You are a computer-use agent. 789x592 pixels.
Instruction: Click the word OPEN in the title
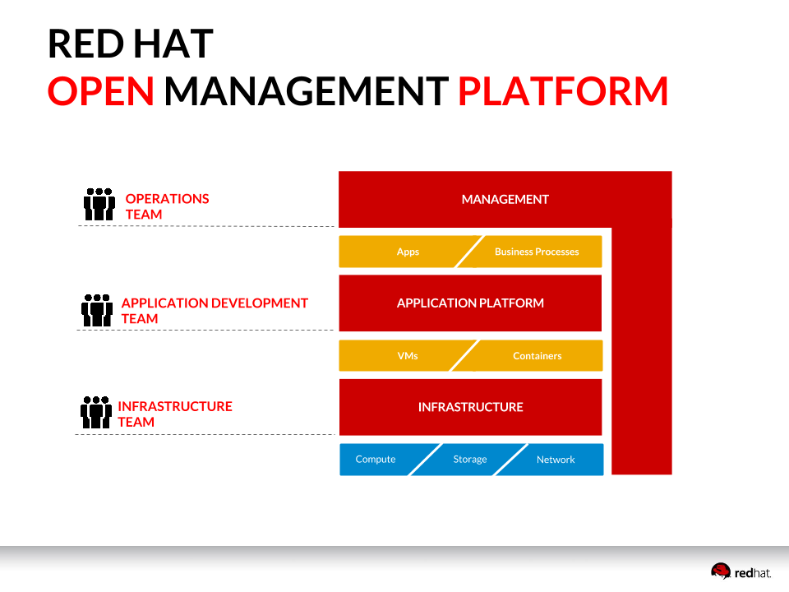[x=101, y=91]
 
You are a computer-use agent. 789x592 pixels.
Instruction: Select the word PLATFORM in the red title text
[x=562, y=91]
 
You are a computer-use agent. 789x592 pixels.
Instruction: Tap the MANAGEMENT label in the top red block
[x=505, y=199]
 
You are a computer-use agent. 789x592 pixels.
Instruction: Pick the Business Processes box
[x=537, y=252]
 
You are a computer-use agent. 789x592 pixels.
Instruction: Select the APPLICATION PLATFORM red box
[x=470, y=303]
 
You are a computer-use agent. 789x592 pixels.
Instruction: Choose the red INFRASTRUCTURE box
[x=470, y=407]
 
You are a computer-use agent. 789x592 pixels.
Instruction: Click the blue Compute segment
[x=375, y=460]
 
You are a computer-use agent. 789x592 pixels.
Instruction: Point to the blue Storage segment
[x=470, y=460]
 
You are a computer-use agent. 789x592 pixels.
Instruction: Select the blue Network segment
[x=556, y=460]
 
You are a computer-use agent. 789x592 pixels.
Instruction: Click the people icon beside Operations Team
[x=99, y=205]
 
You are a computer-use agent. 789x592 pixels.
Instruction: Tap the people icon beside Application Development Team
[x=97, y=310]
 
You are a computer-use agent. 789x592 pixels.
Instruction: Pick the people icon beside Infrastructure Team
[x=96, y=413]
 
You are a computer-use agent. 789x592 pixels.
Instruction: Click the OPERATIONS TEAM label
[x=167, y=206]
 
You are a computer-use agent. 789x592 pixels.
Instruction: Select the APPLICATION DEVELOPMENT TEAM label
[x=215, y=311]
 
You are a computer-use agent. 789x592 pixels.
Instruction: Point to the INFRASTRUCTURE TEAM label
[x=175, y=414]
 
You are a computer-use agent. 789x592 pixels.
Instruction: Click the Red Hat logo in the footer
[x=741, y=571]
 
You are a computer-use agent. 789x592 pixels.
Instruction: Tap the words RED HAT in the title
[x=131, y=44]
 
